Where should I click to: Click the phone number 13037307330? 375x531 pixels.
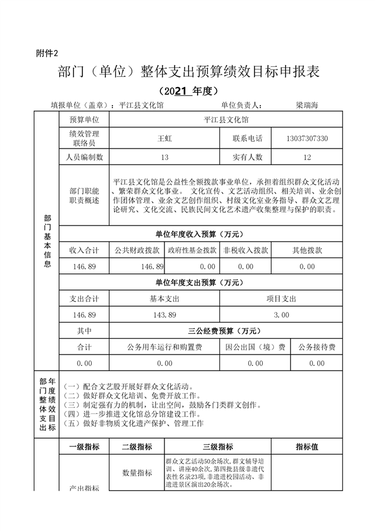click(x=306, y=138)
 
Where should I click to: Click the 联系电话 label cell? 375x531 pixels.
click(x=247, y=138)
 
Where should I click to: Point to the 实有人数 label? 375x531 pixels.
click(x=247, y=157)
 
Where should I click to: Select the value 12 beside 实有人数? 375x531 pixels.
click(x=306, y=157)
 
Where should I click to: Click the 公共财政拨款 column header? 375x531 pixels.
click(x=137, y=250)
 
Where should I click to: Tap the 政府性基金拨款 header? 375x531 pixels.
click(x=192, y=250)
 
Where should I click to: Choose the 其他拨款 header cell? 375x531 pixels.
click(x=307, y=250)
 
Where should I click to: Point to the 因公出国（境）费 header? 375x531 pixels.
click(x=256, y=347)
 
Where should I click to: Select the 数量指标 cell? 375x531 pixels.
click(x=137, y=473)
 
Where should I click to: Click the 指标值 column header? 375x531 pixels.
click(x=307, y=447)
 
